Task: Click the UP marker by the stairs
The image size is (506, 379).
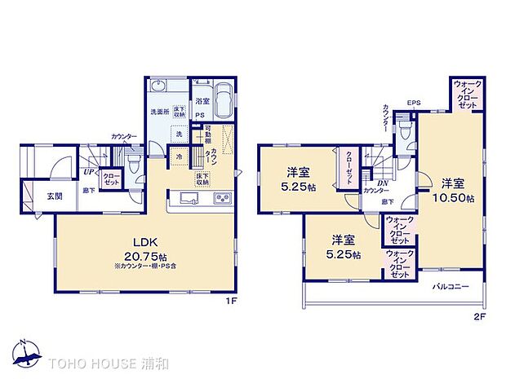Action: tap(87, 171)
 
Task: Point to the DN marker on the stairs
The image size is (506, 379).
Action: tap(381, 182)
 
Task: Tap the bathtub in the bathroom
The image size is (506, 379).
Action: tap(226, 99)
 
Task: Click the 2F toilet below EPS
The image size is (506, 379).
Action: tap(404, 130)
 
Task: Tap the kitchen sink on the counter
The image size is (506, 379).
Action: tap(184, 198)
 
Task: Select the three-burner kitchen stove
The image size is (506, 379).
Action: tap(222, 198)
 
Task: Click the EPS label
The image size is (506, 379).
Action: tap(414, 104)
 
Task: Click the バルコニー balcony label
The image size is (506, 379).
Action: tap(451, 287)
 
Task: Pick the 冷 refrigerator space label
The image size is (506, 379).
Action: tap(178, 155)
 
